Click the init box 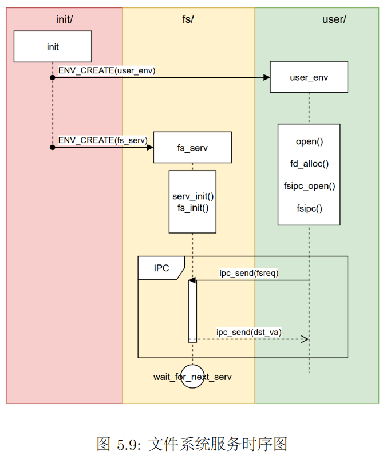53,47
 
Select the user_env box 309,77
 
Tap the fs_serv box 192,148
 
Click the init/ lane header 64,19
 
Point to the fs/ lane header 188,19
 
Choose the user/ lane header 334,19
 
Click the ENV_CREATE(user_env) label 107,70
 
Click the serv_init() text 193,196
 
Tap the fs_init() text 193,207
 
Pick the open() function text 309,141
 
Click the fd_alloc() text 309,164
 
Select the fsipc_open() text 309,186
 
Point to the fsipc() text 309,208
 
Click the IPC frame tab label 161,268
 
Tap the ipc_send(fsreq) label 249,273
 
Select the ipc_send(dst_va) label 249,332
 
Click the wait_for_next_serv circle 192,377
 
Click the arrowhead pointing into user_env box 267,77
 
